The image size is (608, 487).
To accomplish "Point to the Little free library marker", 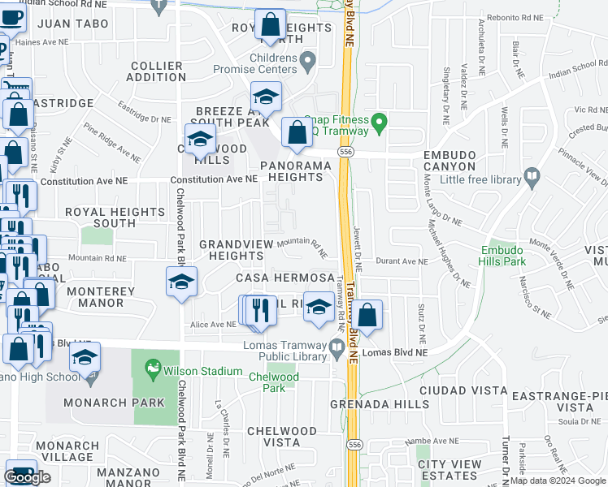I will pos(532,176).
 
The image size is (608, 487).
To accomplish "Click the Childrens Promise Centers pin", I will pos(308,60).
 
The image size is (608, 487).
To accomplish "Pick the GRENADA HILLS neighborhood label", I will pos(380,403).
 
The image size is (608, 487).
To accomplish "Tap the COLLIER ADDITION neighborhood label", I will pos(168,71).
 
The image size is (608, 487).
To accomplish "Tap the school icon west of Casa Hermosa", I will pos(182,282).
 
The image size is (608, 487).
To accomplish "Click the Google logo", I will pos(27,477).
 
